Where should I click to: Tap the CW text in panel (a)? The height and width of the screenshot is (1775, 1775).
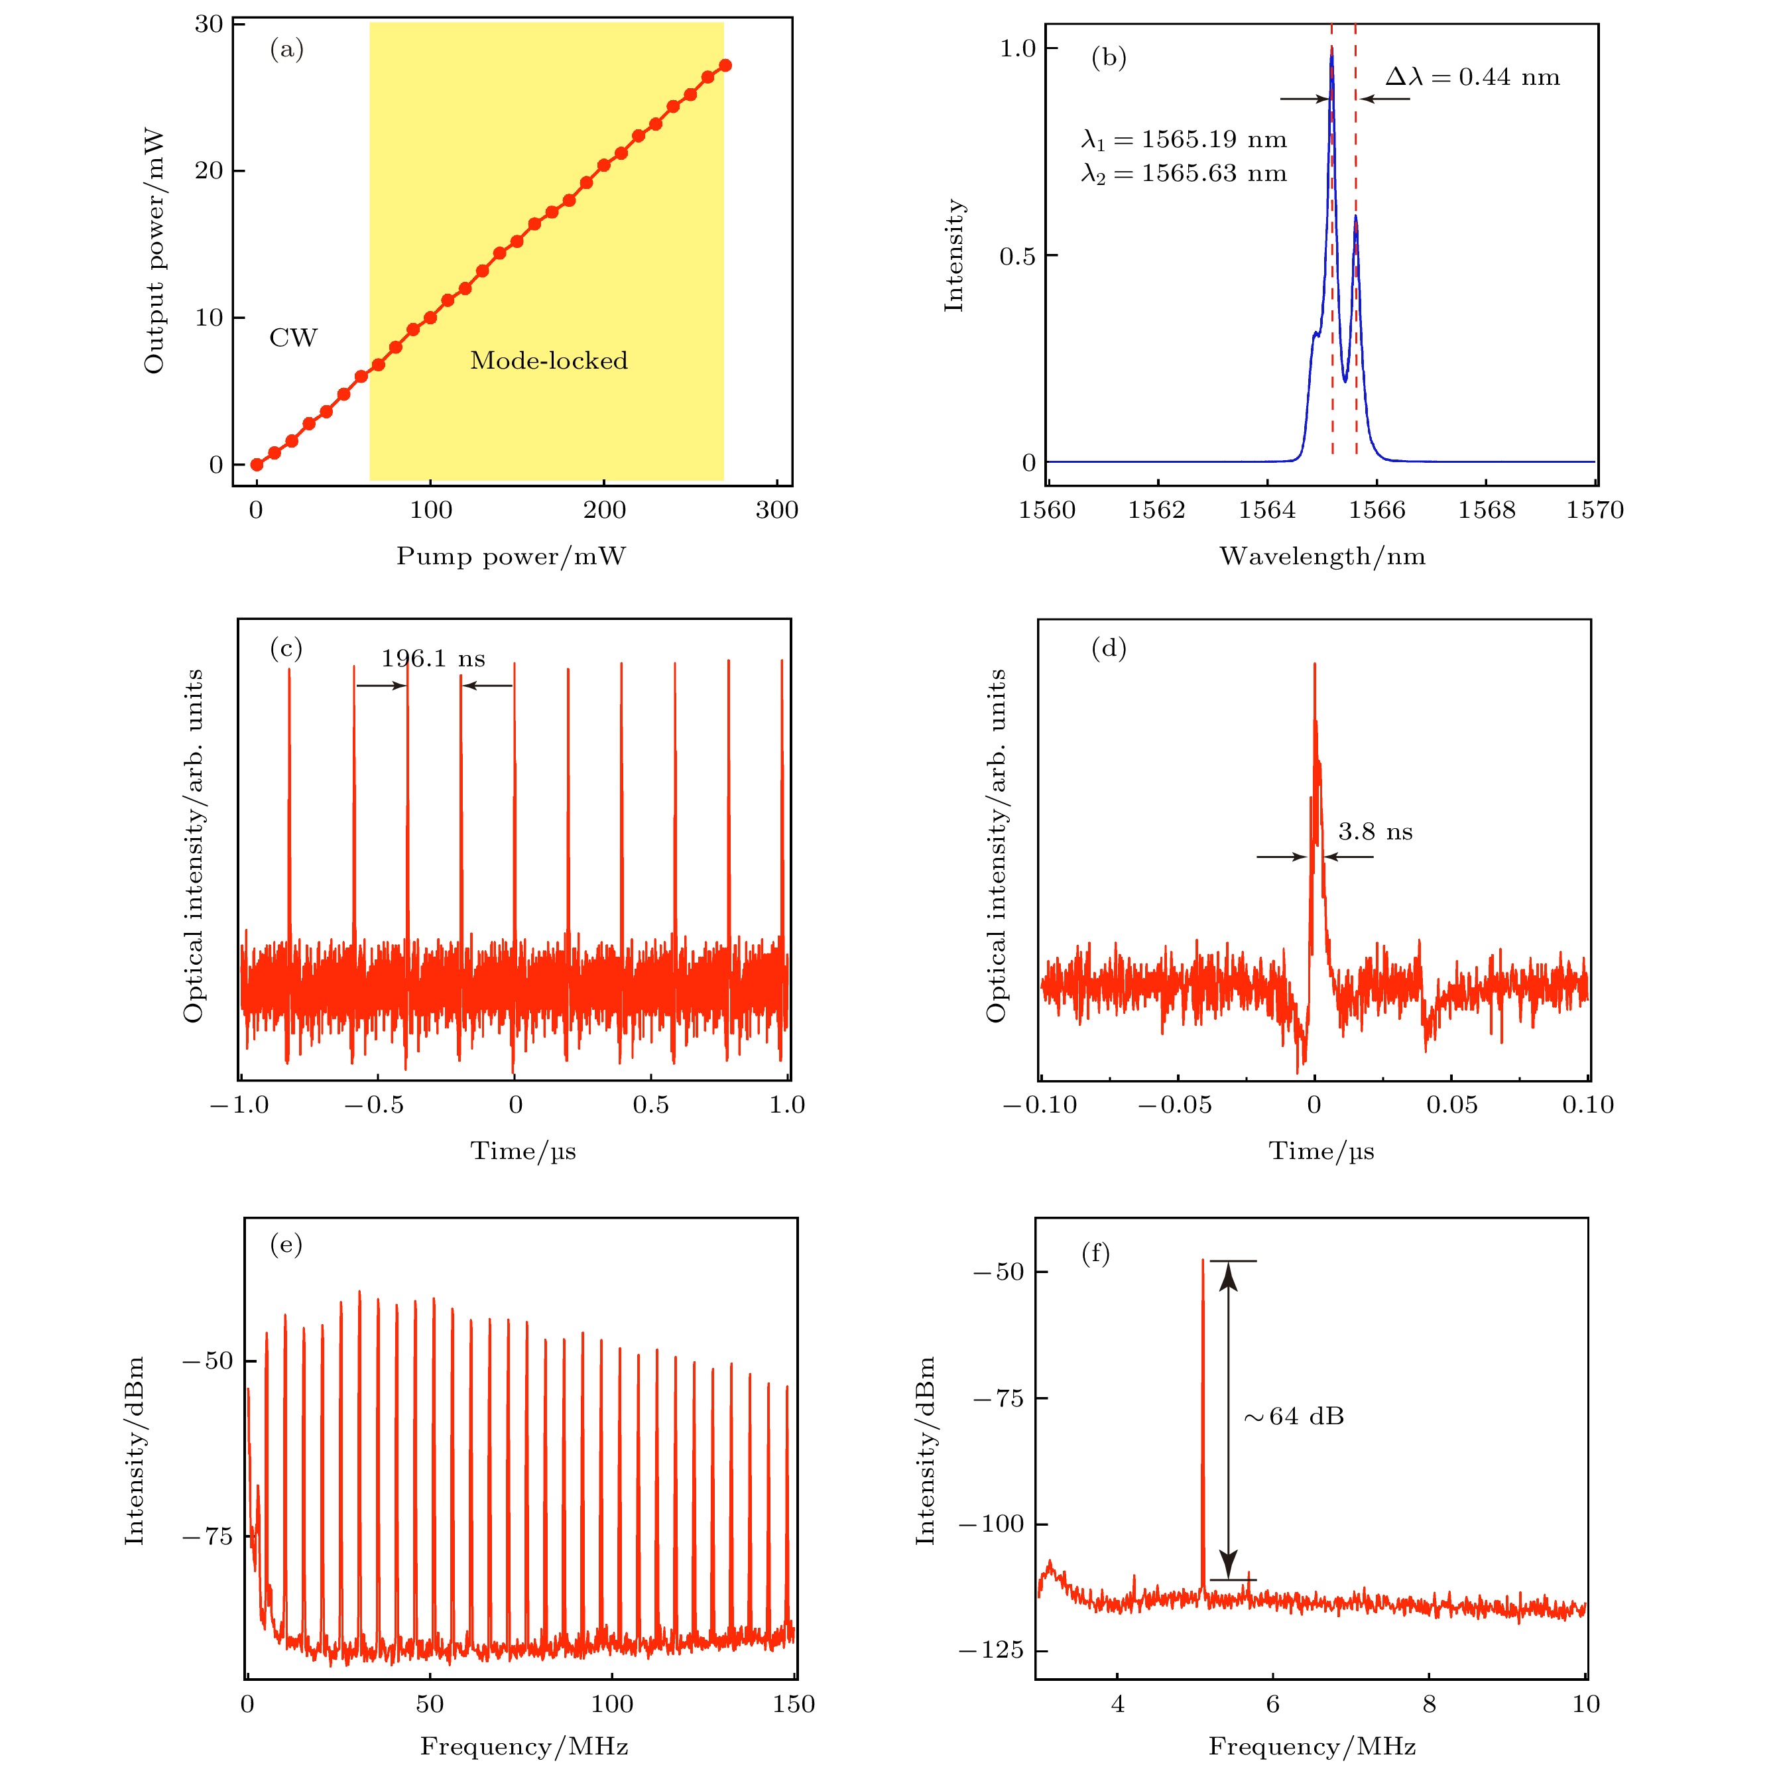pos(293,338)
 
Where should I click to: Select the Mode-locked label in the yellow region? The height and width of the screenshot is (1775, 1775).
pos(548,360)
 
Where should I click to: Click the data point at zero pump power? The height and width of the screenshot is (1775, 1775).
pos(257,465)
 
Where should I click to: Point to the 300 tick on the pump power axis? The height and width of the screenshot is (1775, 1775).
pos(776,510)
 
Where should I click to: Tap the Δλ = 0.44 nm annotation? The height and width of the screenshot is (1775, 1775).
pos(1472,77)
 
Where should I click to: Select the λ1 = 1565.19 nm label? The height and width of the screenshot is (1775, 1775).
pos(1184,140)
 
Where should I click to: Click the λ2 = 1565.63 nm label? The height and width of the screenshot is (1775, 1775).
pos(1184,174)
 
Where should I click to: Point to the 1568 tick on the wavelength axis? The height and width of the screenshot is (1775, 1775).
pos(1487,510)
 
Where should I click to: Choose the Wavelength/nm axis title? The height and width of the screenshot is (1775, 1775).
pos(1322,556)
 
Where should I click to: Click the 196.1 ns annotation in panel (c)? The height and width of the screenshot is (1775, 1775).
pos(433,658)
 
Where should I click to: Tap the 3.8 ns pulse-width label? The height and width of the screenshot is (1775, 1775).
pos(1375,832)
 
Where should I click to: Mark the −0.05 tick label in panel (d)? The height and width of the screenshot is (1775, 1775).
pos(1174,1105)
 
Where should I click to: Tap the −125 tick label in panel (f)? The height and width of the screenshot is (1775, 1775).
pos(991,1650)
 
